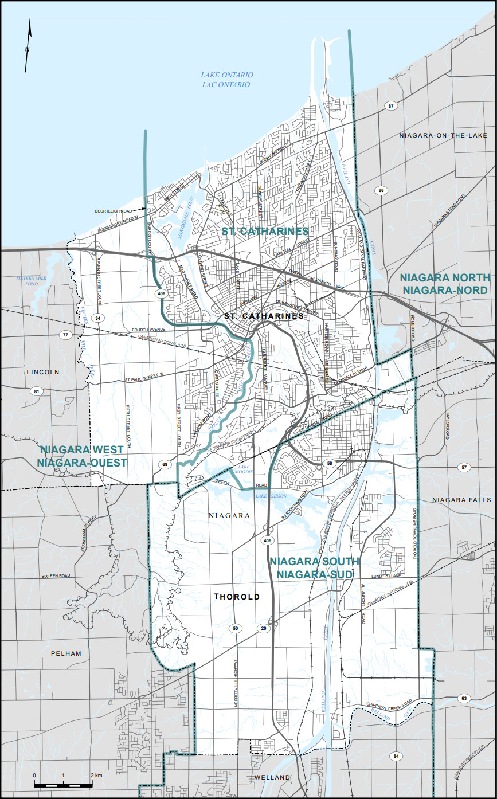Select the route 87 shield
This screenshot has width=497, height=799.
392,106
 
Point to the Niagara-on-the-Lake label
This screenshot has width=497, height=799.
443,135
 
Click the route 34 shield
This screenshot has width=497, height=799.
99,318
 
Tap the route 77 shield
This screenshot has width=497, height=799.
66,335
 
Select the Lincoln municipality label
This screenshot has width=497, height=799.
43,372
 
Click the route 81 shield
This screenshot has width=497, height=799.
38,391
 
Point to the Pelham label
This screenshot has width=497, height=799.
65,653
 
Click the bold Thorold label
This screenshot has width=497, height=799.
237,597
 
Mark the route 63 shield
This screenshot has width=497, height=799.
464,698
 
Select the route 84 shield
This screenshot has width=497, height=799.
396,757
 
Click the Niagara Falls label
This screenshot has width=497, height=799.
462,500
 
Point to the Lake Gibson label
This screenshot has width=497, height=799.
270,495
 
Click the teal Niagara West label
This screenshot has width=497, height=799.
84,455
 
